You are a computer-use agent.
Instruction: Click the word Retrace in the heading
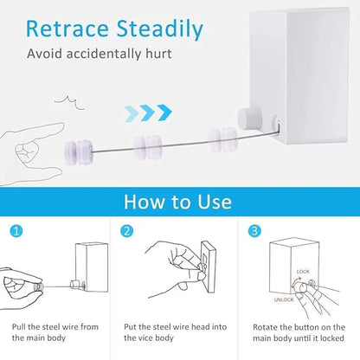[x=66, y=28]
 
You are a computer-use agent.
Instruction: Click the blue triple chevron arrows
[x=151, y=112]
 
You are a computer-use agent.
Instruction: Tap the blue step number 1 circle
[x=15, y=232]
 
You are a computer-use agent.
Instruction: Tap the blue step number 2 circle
[x=126, y=232]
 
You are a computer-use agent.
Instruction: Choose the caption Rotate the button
[x=299, y=331]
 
